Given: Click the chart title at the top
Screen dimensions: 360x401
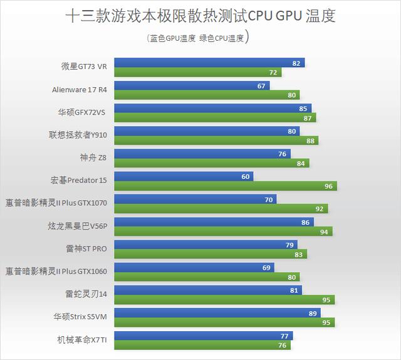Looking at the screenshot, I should pyautogui.click(x=200, y=16).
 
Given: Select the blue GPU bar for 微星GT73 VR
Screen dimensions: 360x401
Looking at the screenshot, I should pyautogui.click(x=207, y=63).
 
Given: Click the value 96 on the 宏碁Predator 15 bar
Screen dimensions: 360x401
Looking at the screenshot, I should pyautogui.click(x=328, y=186).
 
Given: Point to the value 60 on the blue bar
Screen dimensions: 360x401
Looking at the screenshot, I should pyautogui.click(x=246, y=177).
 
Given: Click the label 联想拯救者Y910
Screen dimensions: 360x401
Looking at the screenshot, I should pyautogui.click(x=78, y=135).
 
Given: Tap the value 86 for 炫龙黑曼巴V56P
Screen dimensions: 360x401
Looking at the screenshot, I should pyautogui.click(x=305, y=223).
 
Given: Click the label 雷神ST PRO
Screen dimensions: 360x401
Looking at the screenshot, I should pyautogui.click(x=87, y=249).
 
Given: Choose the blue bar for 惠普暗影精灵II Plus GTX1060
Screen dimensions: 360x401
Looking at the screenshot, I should pyautogui.click(x=194, y=268).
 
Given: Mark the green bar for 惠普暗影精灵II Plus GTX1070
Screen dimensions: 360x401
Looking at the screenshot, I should pyautogui.click(x=219, y=209).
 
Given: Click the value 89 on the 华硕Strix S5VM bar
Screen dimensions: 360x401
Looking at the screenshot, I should pyautogui.click(x=312, y=313).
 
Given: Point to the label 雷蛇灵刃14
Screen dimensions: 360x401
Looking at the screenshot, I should pyautogui.click(x=87, y=294).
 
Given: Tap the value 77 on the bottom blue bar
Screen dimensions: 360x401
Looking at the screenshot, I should pyautogui.click(x=284, y=336).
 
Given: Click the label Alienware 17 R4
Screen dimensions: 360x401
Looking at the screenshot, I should pyautogui.click(x=80, y=90).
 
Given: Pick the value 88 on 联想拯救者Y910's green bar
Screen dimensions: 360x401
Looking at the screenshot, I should pyautogui.click(x=311, y=140).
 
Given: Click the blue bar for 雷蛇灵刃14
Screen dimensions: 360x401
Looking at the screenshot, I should pyautogui.click(x=207, y=290).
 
